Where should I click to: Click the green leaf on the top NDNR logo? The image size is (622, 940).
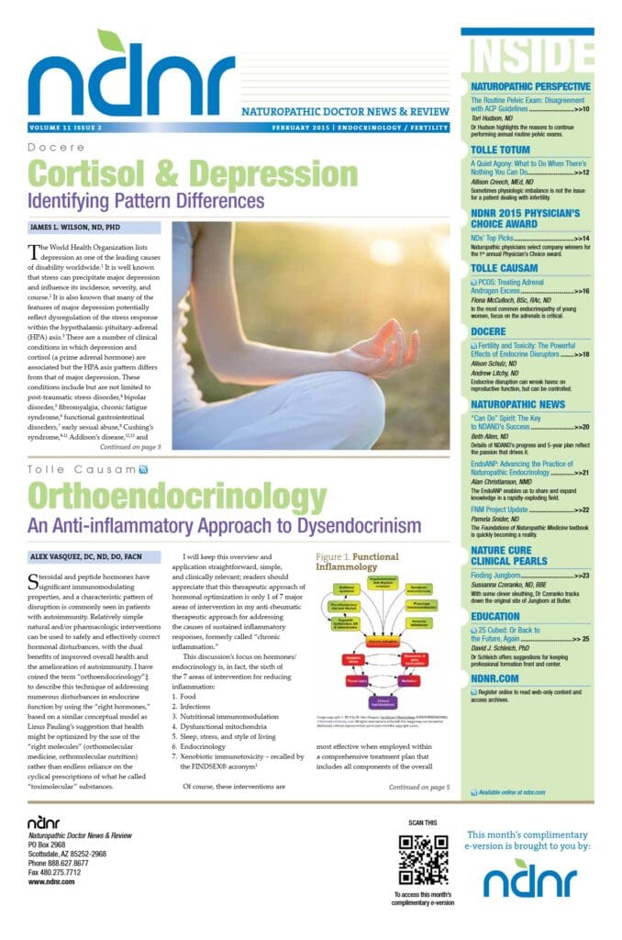[111, 41]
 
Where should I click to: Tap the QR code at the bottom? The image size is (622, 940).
[424, 857]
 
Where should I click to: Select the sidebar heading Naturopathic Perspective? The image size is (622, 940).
[529, 87]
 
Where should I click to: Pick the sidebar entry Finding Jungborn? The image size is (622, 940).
[496, 576]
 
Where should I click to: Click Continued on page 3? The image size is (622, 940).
[129, 447]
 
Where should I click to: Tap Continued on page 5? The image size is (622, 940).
[418, 787]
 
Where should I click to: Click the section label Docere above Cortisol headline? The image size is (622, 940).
[56, 148]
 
